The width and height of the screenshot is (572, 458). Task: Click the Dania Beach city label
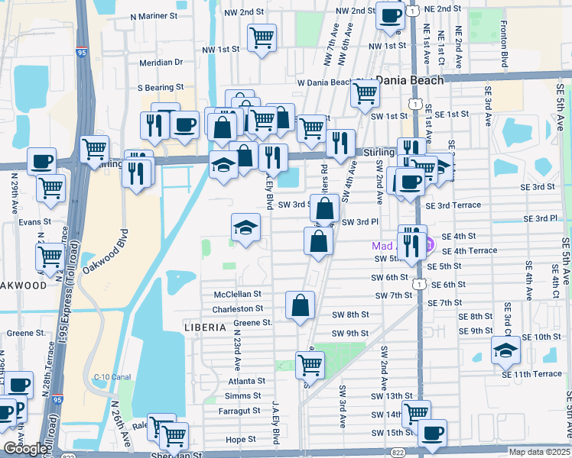tap(411, 80)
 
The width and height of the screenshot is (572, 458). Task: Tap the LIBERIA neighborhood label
tap(205, 327)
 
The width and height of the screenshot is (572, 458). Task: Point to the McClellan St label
tap(237, 294)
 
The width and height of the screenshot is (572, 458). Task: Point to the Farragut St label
tap(239, 411)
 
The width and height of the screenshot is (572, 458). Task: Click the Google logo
tap(26, 449)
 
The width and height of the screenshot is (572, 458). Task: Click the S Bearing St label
tap(161, 88)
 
